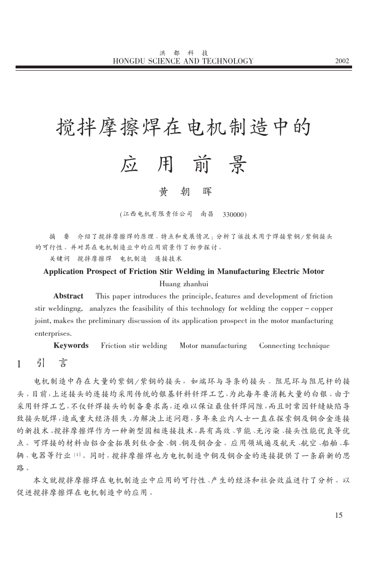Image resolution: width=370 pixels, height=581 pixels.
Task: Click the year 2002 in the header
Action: tap(342, 61)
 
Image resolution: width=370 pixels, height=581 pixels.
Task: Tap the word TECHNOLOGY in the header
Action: tap(227, 61)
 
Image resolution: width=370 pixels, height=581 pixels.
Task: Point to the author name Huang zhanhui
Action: tap(184, 284)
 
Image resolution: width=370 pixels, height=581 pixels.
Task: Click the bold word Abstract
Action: tap(68, 296)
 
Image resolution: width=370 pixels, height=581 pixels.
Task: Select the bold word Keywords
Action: tap(71, 346)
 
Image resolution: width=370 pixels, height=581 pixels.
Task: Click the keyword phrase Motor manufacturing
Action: tap(213, 346)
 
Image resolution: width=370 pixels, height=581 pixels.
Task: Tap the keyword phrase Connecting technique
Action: tap(294, 346)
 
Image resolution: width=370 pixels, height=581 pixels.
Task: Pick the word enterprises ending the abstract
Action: tap(53, 333)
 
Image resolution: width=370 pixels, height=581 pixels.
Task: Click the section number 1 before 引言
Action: tap(19, 364)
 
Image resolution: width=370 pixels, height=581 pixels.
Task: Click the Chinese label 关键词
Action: tap(59, 259)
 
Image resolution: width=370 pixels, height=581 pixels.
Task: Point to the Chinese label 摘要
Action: tap(59, 236)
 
